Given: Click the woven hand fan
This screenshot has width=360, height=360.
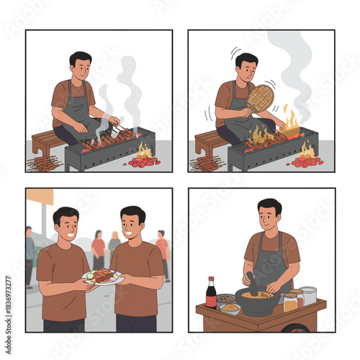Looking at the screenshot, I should click(260, 97).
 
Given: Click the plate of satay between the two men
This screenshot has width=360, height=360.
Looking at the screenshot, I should click(103, 276).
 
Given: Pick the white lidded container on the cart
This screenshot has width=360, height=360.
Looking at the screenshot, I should click(309, 295).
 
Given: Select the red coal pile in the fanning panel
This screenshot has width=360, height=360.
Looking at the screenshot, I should click(307, 161).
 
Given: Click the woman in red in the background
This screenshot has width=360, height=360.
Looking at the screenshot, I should click(98, 248).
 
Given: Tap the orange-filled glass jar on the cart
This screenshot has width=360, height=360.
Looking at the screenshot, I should click(290, 301).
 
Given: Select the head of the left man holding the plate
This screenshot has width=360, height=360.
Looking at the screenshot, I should click(66, 224).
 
